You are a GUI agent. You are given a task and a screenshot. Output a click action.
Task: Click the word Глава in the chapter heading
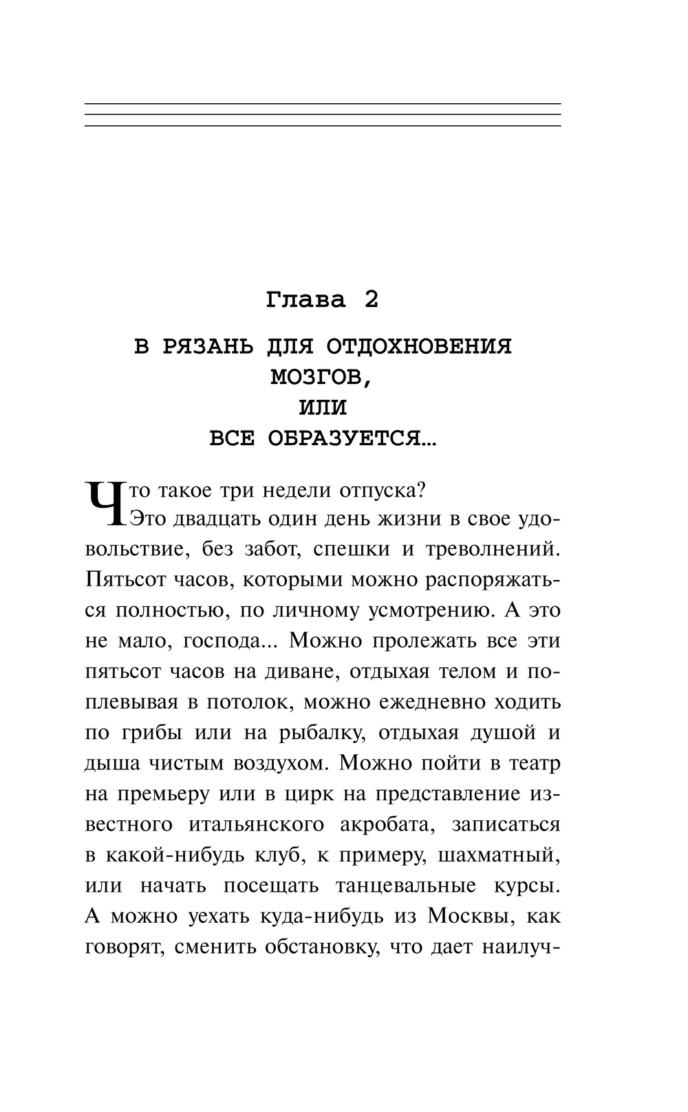(305, 300)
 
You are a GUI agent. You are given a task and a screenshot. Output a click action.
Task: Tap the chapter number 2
(371, 300)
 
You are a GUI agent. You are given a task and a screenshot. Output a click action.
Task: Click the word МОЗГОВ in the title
(321, 376)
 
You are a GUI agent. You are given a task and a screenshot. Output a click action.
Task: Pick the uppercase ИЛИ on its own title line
(323, 407)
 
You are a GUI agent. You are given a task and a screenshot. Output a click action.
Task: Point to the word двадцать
(196, 519)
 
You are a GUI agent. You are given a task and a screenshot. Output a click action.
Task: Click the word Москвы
(470, 916)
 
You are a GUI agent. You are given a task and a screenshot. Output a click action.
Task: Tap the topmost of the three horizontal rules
(323, 104)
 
